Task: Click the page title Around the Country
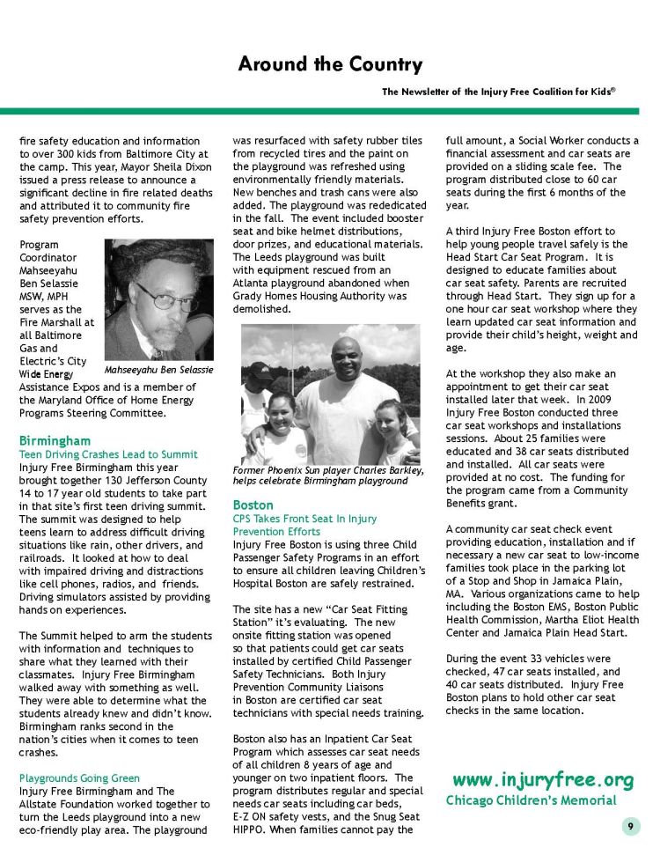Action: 330,64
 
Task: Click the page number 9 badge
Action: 630,826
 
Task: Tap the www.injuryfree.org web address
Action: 543,780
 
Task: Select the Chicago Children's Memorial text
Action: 531,800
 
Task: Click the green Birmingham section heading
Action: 55,440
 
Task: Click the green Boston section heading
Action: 253,505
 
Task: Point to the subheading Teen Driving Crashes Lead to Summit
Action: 108,454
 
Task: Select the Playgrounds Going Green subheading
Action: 79,778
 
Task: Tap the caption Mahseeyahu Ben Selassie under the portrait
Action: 158,370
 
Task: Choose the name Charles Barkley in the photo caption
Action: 385,470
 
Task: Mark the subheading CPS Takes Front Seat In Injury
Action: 304,519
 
